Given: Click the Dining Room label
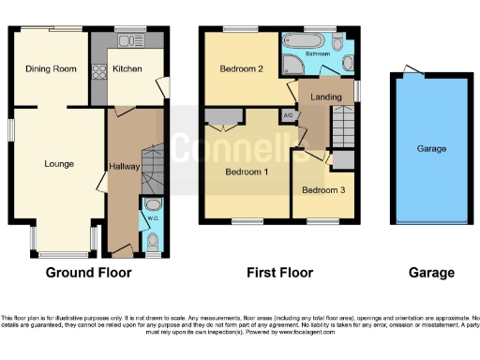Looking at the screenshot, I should [50, 69].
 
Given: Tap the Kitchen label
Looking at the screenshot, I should [127, 69].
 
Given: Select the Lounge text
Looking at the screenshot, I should [59, 163].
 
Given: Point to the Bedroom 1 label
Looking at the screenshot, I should [246, 172].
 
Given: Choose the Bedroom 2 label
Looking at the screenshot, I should [239, 69].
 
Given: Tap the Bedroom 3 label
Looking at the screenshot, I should [321, 190].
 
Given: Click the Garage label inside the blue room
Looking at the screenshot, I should [431, 149].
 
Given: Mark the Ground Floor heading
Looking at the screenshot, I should [89, 273].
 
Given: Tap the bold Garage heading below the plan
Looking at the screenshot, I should [431, 273].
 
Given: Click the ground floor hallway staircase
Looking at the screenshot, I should [151, 169].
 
